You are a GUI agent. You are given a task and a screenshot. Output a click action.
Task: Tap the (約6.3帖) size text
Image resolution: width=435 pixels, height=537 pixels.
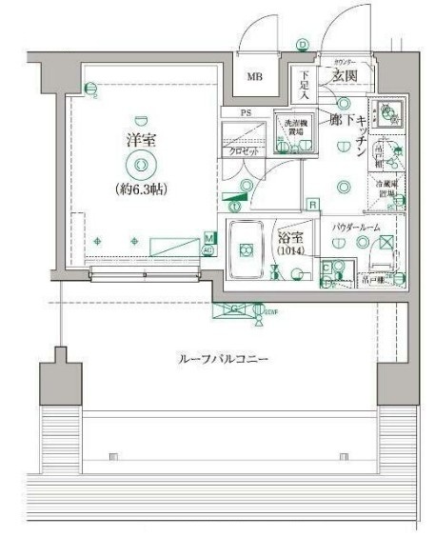click(142, 189)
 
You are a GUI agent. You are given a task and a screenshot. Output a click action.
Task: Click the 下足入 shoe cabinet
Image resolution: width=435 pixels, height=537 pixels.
click(304, 87)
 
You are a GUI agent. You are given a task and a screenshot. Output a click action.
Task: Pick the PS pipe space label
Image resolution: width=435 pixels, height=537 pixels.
click(246, 112)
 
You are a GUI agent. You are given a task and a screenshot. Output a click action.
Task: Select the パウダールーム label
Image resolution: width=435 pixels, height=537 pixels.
click(357, 229)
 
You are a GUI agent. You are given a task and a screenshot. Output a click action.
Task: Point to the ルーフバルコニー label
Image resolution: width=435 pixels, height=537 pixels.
click(224, 359)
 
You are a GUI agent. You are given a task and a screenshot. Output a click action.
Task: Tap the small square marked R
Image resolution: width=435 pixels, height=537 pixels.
click(312, 203)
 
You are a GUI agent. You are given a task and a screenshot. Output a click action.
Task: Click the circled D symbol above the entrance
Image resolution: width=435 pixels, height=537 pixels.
click(302, 44)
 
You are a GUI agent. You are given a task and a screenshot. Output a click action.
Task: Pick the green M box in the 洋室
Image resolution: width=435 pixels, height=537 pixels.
click(208, 238)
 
